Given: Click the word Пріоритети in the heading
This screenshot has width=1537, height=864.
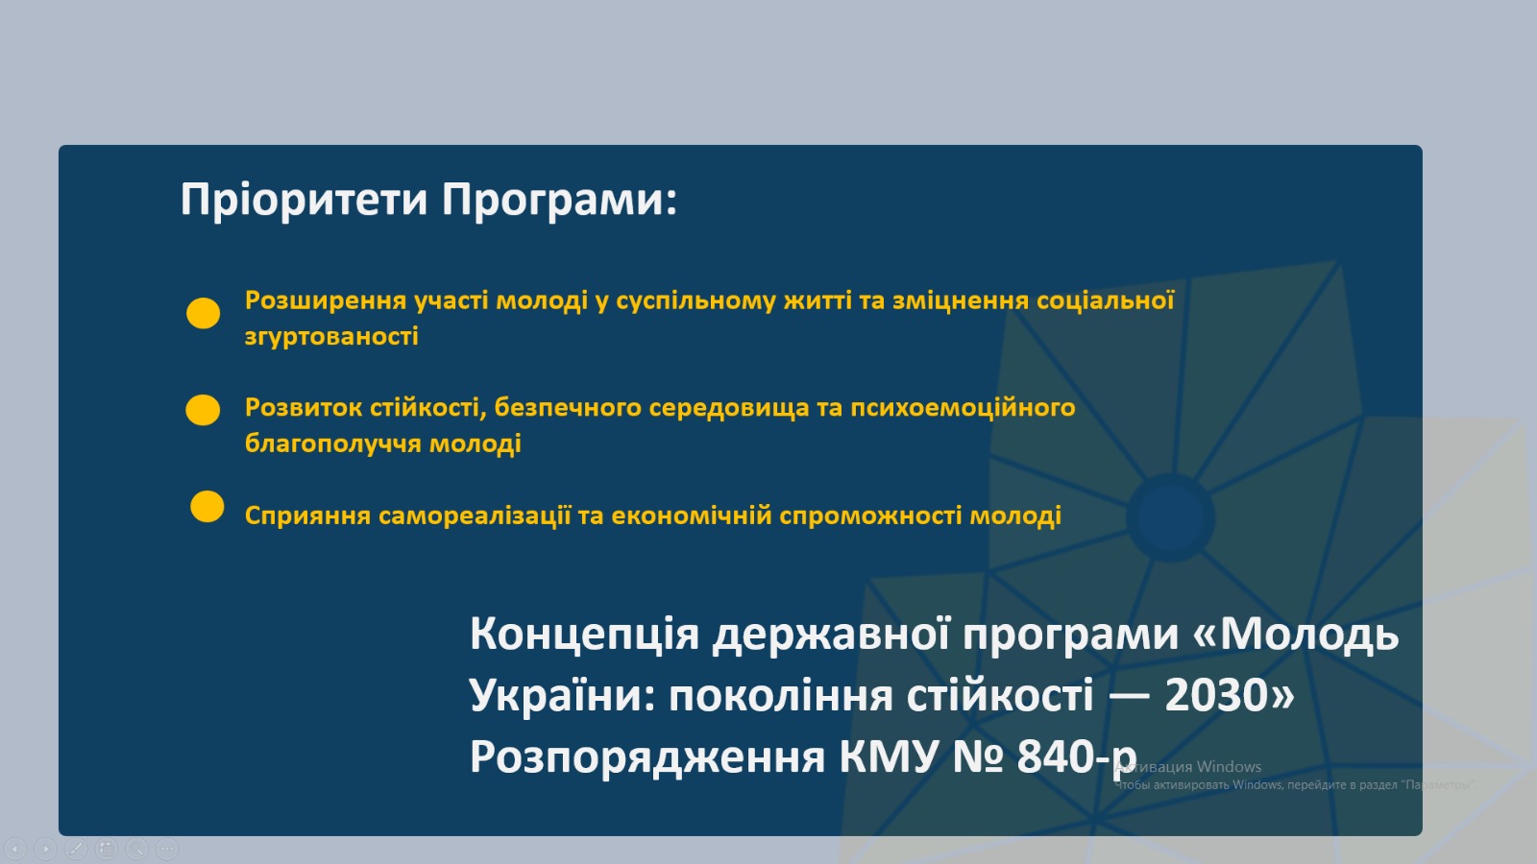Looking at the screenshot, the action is (x=304, y=201).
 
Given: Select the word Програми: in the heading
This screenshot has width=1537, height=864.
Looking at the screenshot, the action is (x=559, y=201).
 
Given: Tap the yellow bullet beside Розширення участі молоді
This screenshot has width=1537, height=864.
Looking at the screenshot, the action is (x=203, y=313).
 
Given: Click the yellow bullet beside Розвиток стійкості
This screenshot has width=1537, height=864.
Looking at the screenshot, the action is (x=203, y=410).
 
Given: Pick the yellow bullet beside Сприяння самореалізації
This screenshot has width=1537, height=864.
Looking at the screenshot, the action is (x=207, y=507).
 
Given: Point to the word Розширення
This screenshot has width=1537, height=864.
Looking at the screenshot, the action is (x=326, y=301).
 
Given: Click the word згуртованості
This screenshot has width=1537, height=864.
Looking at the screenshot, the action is (x=331, y=337).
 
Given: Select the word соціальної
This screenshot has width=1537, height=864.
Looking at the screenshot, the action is (x=1106, y=300).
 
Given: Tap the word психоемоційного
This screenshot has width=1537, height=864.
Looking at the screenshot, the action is (x=963, y=409).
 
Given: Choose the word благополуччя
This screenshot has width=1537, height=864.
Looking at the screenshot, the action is (x=332, y=444).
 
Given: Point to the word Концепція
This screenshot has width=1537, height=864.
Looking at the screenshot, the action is (x=585, y=635).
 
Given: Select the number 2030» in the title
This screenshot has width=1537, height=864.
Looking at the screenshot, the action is (x=1230, y=695).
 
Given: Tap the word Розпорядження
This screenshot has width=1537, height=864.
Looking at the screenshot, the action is (x=647, y=757).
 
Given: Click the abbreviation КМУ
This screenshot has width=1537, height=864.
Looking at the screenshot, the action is (x=889, y=756).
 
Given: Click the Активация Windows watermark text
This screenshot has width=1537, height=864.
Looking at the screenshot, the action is (x=1188, y=767).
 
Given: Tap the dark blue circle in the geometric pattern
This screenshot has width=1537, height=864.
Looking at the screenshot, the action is (x=1171, y=517).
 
